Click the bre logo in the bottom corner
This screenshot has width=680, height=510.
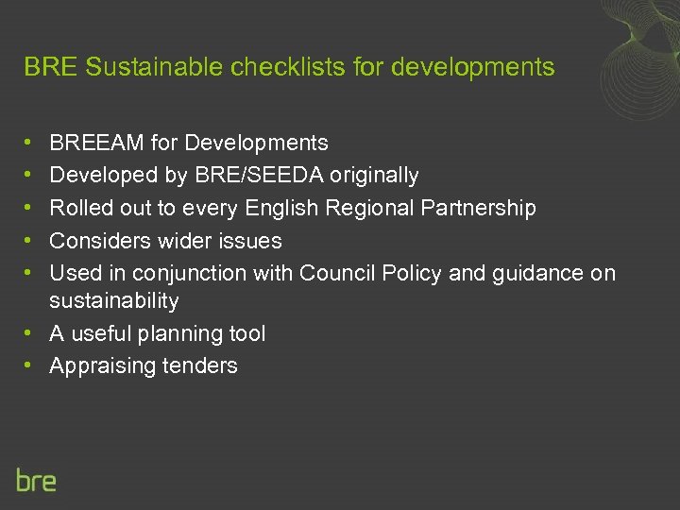pyautogui.click(x=37, y=480)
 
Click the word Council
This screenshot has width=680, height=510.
pyautogui.click(x=335, y=273)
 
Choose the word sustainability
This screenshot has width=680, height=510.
pyautogui.click(x=114, y=301)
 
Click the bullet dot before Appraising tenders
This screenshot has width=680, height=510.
pyautogui.click(x=31, y=366)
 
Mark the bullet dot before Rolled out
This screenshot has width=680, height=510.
pyautogui.click(x=31, y=208)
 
